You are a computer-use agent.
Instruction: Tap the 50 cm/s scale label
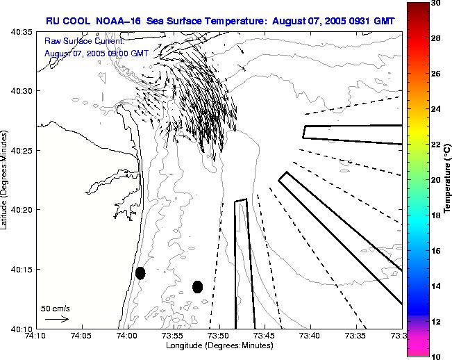pos(56,308)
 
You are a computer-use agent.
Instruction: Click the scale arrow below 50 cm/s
pos(56,319)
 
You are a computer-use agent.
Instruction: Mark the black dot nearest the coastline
pos(140,272)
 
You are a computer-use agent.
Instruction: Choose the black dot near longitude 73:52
pos(197,286)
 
